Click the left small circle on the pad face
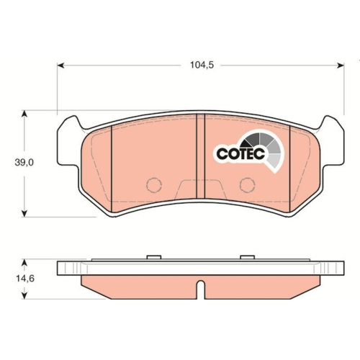(x=153, y=186)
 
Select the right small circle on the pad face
(x=248, y=185)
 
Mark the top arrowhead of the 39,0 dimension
(x=26, y=114)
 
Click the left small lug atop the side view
(x=152, y=255)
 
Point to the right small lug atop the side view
(x=248, y=255)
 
